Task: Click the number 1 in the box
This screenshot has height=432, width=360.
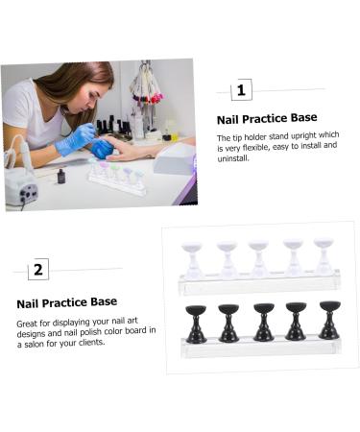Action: (x=241, y=90)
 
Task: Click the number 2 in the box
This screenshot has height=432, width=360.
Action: (x=38, y=269)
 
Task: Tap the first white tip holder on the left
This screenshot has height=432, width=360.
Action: (x=192, y=257)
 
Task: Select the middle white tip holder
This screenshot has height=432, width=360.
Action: (x=258, y=257)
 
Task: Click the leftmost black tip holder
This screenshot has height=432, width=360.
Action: (x=195, y=322)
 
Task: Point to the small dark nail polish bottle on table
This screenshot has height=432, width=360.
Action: (x=60, y=177)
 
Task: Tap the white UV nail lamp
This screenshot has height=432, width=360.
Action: (x=174, y=158)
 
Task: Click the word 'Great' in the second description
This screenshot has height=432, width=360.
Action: (x=29, y=323)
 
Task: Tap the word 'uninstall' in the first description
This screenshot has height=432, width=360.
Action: (x=235, y=157)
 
